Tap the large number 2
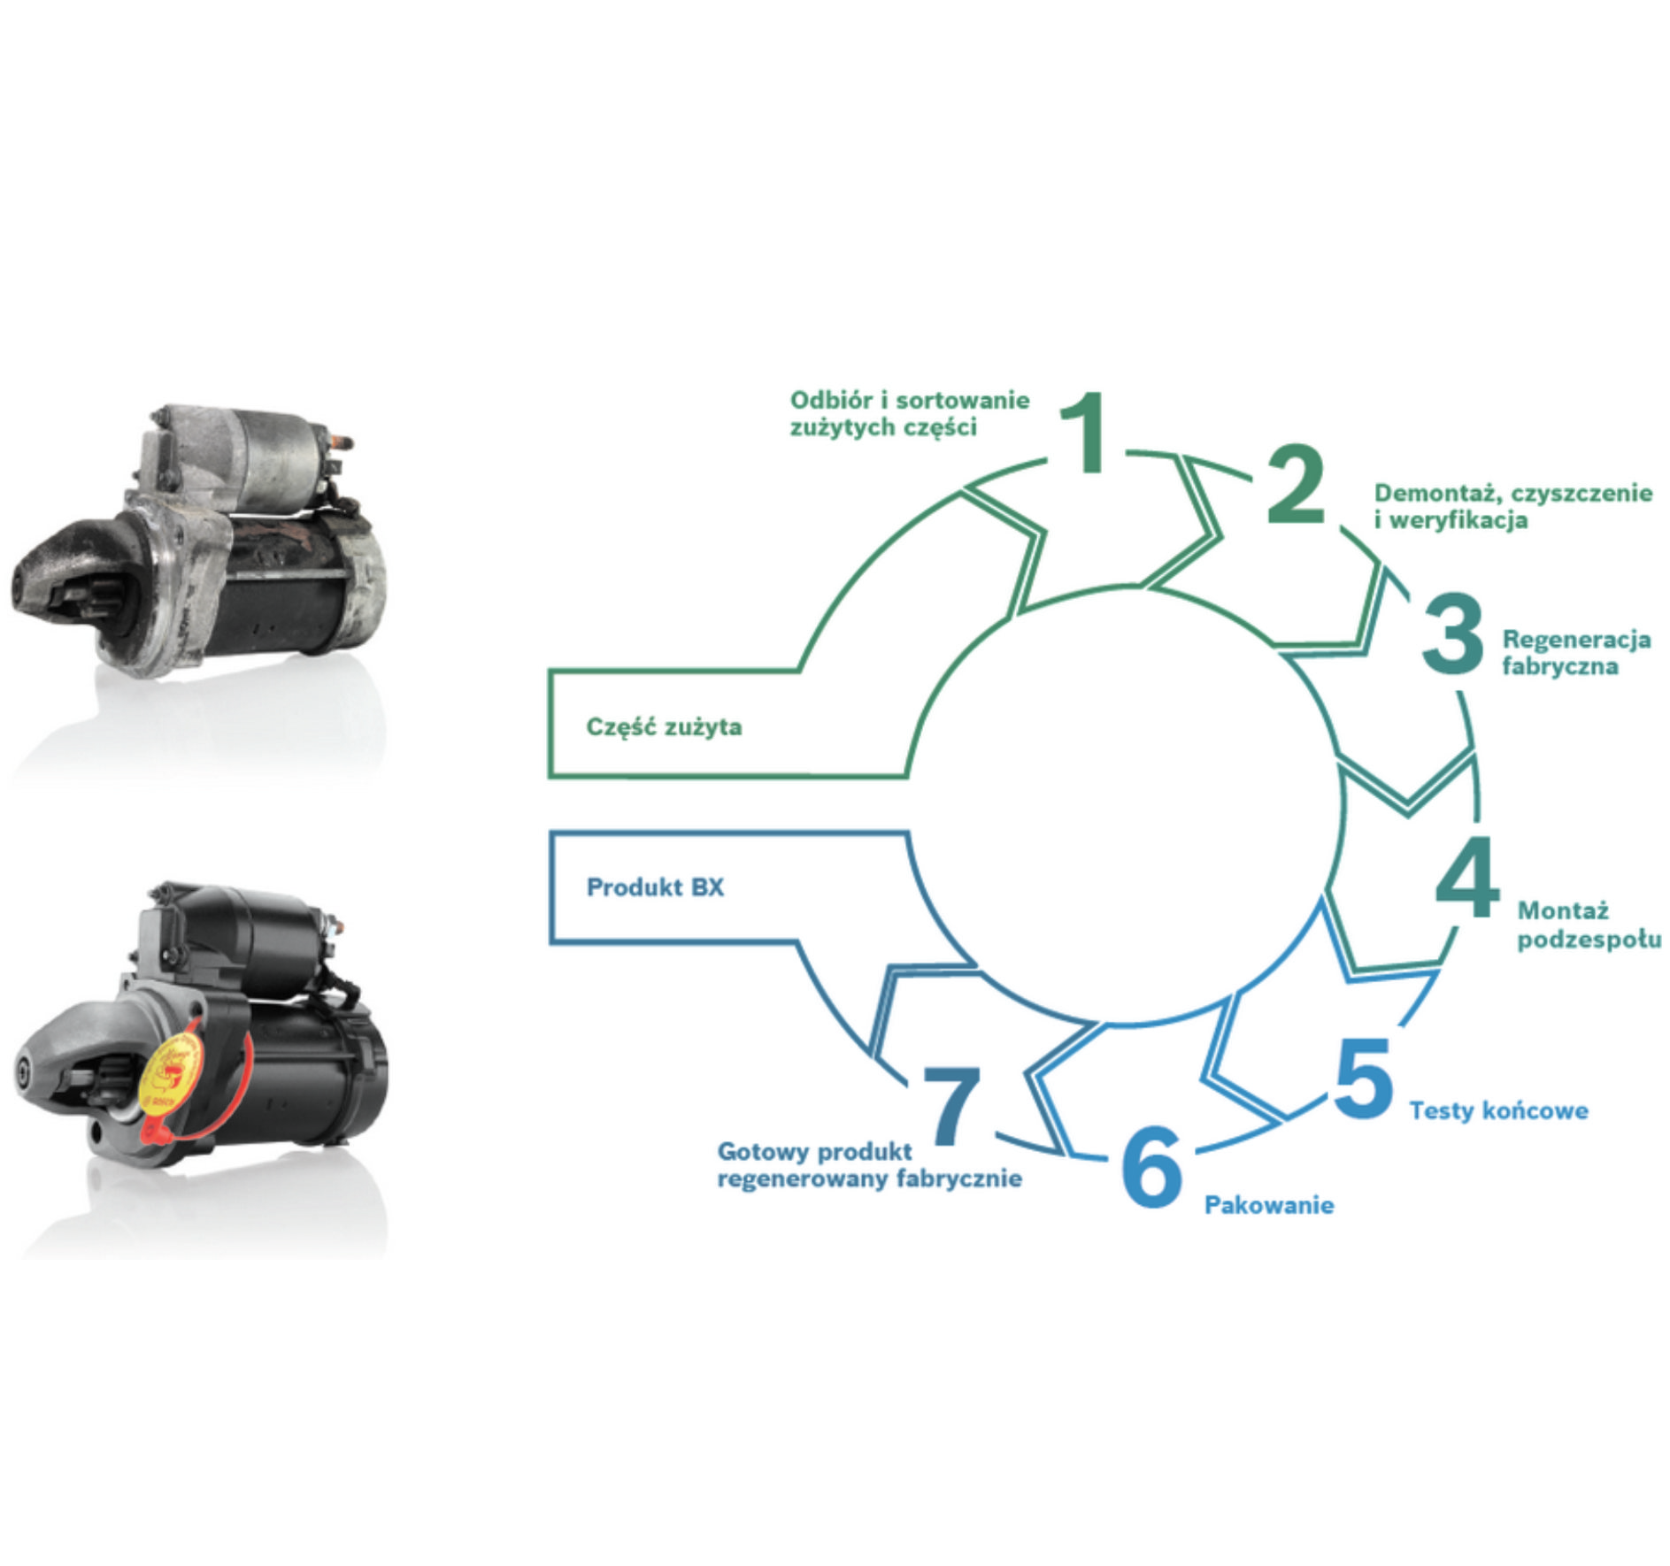click(1295, 485)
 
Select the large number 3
click(1451, 633)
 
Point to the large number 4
click(1467, 879)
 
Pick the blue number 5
click(1363, 1079)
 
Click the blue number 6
click(1151, 1167)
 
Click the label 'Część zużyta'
click(664, 727)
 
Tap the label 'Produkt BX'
click(655, 887)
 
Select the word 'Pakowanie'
click(1268, 1205)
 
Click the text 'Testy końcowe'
click(1498, 1110)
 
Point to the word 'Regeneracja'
click(1576, 639)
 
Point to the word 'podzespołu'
click(1589, 940)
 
